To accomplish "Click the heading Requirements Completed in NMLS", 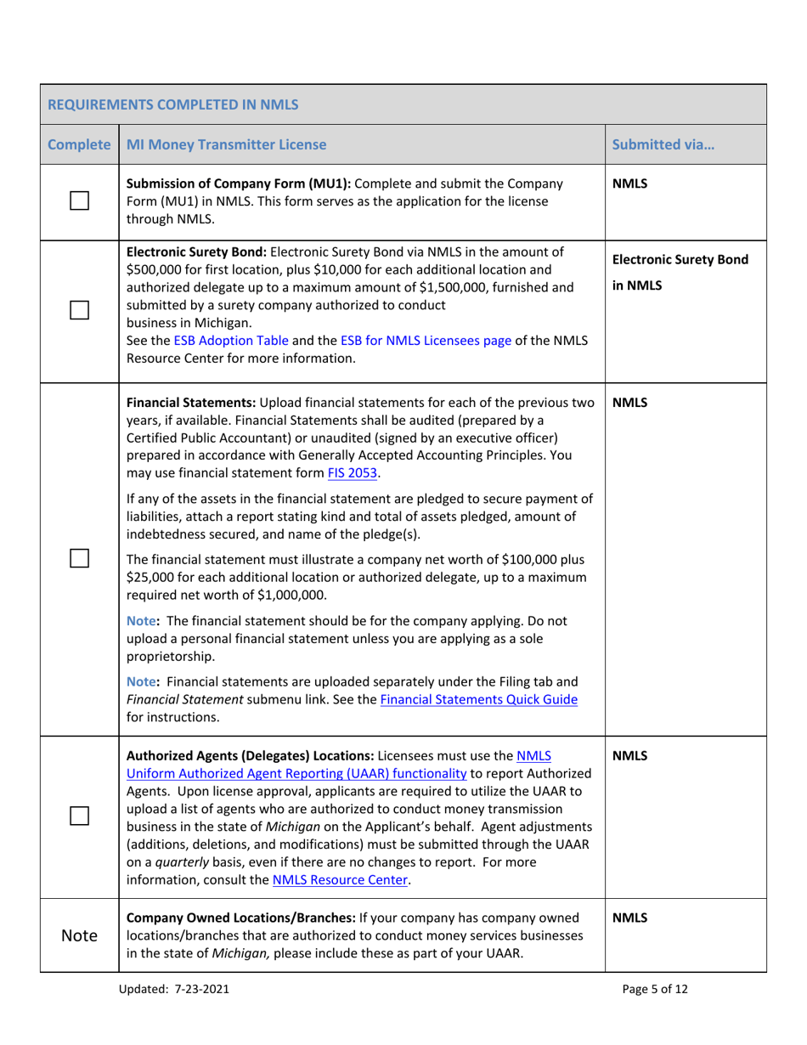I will click(172, 105).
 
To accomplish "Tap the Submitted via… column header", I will click(663, 144).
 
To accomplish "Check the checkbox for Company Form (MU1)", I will click(78, 202).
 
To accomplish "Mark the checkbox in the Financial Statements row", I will click(78, 558).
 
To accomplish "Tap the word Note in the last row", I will click(78, 935).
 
